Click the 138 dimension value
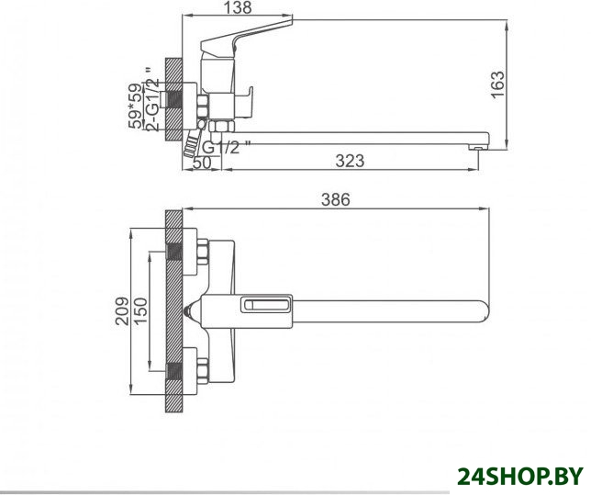[237, 7]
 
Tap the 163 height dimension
[497, 84]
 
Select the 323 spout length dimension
[350, 161]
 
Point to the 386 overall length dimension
[336, 199]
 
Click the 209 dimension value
[122, 311]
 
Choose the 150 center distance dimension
[140, 311]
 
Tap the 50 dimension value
[202, 163]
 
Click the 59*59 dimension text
[136, 106]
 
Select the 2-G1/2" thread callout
[151, 99]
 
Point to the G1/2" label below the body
[226, 147]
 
